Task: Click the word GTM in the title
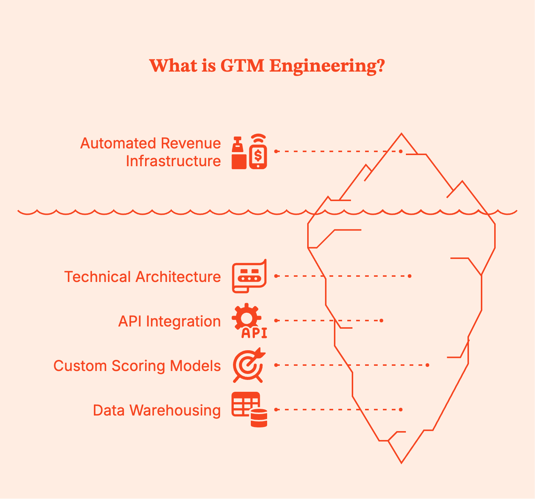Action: click(242, 66)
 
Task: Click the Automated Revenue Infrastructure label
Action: click(150, 152)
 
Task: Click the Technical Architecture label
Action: click(142, 277)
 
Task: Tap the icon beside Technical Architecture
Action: click(249, 276)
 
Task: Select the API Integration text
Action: click(169, 321)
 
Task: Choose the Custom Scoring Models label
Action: click(137, 366)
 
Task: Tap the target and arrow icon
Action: click(249, 365)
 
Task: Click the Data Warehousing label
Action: click(157, 410)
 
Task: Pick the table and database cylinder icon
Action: click(249, 410)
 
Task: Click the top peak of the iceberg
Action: click(401, 134)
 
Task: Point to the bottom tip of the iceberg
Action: click(401, 462)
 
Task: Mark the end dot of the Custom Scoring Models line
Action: click(428, 365)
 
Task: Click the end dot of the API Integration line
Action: click(381, 321)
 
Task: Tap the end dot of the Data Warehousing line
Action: click(401, 410)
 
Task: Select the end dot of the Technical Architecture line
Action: click(410, 276)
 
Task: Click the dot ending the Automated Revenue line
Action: click(401, 151)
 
